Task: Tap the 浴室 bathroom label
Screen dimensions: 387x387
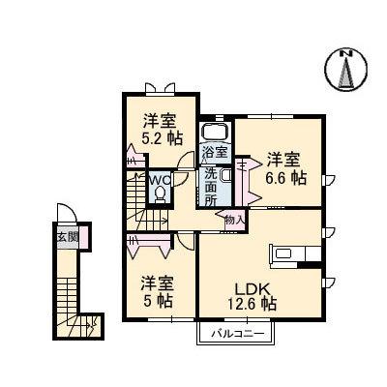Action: pyautogui.click(x=215, y=152)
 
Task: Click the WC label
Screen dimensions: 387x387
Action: pyautogui.click(x=160, y=179)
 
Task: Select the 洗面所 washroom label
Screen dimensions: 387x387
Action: pyautogui.click(x=210, y=186)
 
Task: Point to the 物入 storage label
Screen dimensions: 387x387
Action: pyautogui.click(x=235, y=219)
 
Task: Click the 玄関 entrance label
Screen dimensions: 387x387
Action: pyautogui.click(x=65, y=237)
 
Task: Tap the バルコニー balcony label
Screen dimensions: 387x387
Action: pyautogui.click(x=235, y=336)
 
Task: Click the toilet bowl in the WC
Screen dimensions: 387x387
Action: pyautogui.click(x=161, y=193)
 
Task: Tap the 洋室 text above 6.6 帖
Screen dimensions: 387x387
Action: pyautogui.click(x=284, y=159)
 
